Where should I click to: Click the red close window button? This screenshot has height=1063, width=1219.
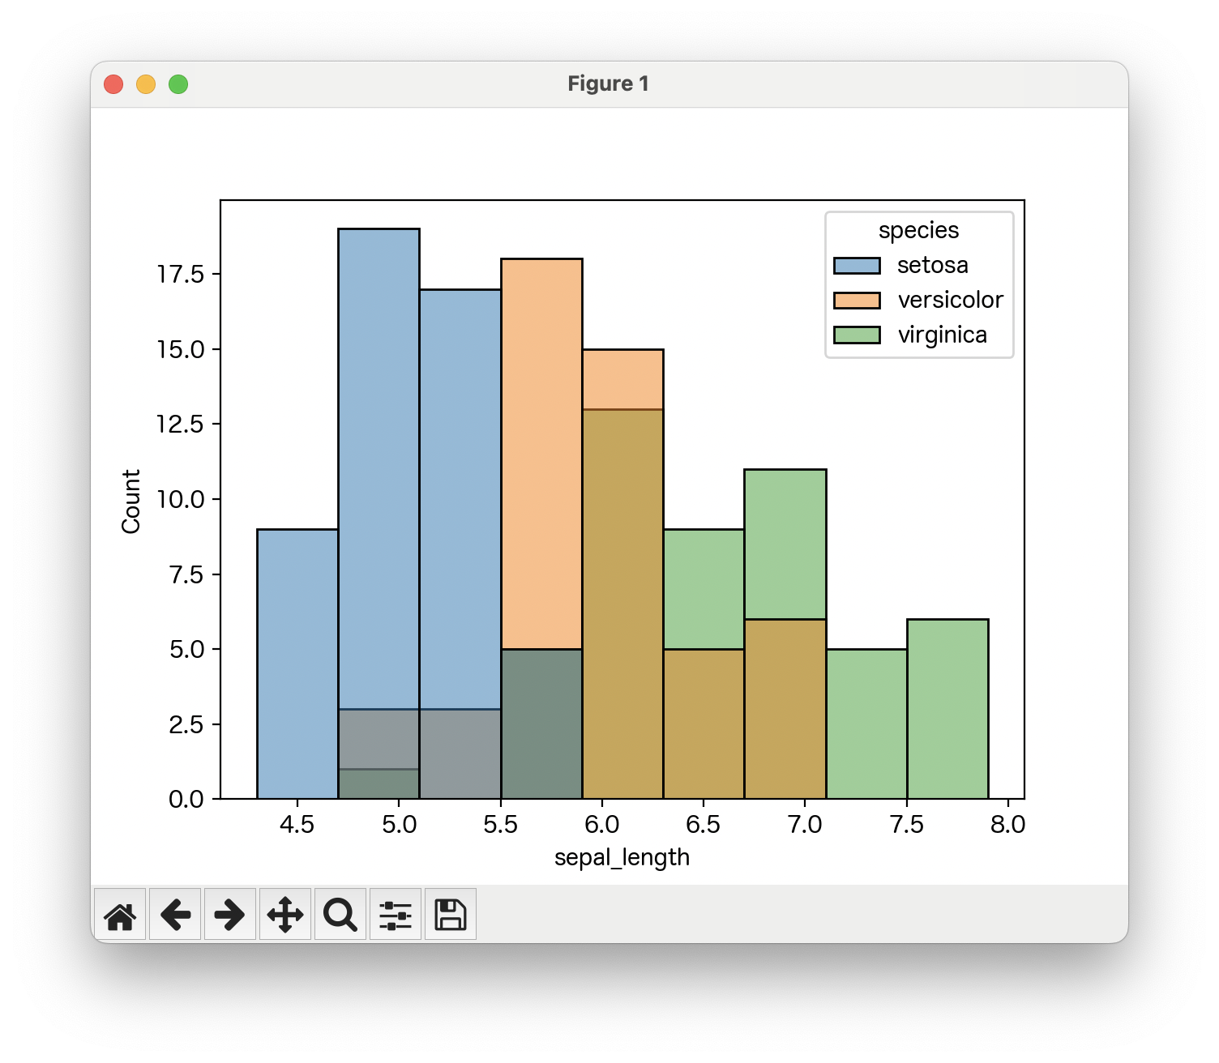pos(113,84)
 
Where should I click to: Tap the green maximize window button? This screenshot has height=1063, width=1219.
pos(178,84)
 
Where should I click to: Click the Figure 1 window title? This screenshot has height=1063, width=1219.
pos(608,84)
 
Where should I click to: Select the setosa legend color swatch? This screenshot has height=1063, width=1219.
pos(857,266)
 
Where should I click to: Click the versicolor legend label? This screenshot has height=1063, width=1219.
pos(950,301)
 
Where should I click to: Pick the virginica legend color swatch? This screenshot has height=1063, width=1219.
pos(857,335)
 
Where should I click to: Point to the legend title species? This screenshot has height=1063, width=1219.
pos(918,231)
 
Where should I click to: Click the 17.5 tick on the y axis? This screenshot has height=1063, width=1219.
pos(181,275)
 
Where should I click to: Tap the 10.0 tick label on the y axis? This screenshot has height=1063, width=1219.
pos(181,499)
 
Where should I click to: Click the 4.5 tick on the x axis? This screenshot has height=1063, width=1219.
pos(297,825)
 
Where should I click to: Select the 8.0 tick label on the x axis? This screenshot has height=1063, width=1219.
pos(1007,825)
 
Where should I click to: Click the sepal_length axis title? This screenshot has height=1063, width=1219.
pos(622,857)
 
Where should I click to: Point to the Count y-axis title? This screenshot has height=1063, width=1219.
pos(131,501)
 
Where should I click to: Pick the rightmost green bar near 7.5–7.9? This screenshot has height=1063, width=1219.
pos(947,709)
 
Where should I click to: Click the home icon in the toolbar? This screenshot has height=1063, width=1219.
pos(120,915)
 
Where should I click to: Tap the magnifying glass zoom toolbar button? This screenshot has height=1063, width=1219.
pos(340,915)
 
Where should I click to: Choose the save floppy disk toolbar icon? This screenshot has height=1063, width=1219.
pos(451,915)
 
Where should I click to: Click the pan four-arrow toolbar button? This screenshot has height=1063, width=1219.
pos(285,915)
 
